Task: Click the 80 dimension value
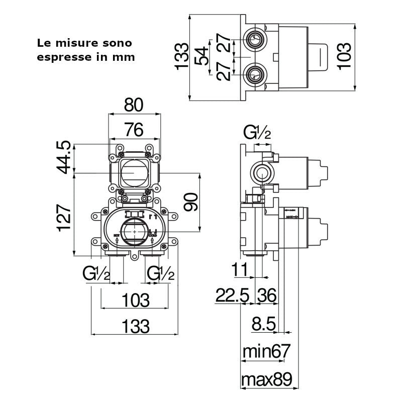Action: [x=134, y=105]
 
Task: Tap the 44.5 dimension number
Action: [x=64, y=158]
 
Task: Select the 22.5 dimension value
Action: [x=233, y=295]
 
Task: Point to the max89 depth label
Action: [x=266, y=378]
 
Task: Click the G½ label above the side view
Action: [x=257, y=133]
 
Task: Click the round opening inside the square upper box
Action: [x=133, y=172]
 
